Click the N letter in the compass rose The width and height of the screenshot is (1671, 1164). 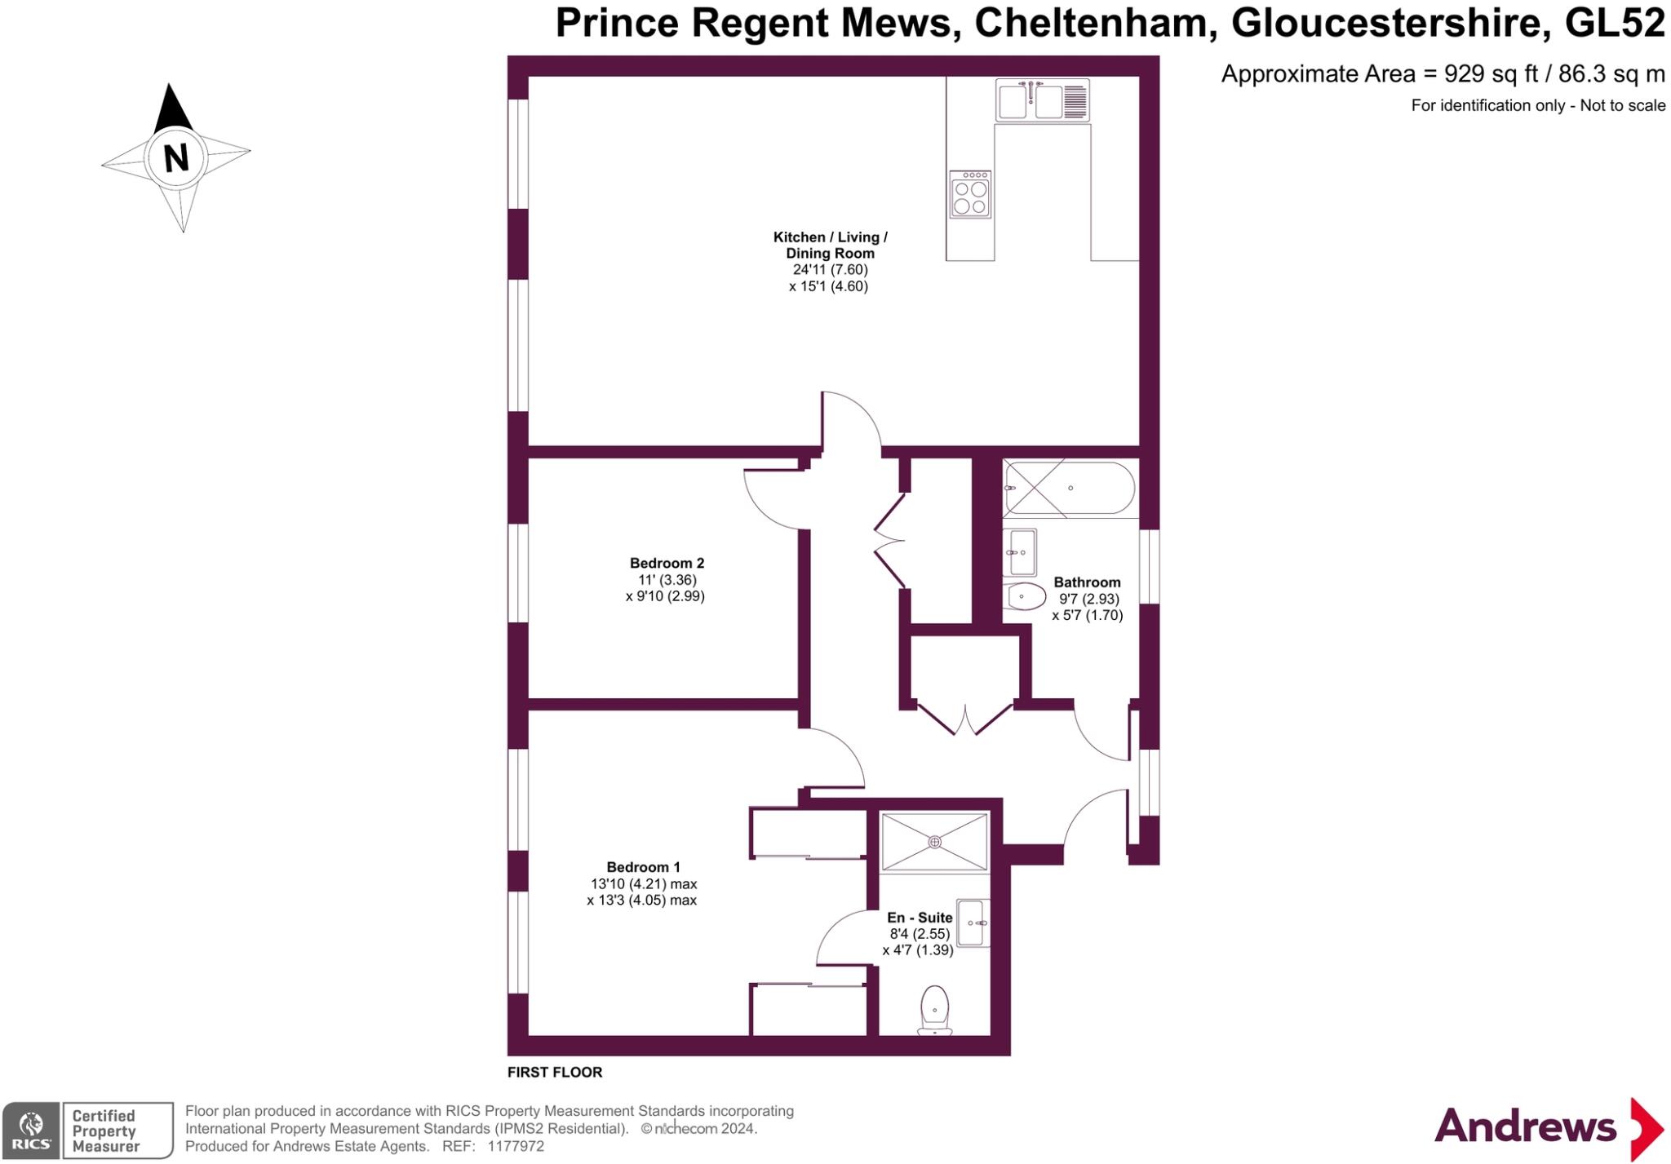coord(175,157)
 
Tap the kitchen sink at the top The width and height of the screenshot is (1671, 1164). coord(1043,101)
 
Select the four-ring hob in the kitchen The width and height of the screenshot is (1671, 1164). coord(970,194)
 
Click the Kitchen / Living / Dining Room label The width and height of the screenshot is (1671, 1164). coord(830,246)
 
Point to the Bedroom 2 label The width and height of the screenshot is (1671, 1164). coord(667,563)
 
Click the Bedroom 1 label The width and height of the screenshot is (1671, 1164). coord(643,867)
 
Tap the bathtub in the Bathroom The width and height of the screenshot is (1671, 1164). coord(1070,488)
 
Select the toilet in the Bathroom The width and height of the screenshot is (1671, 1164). coord(1026,596)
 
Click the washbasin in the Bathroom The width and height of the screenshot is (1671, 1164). coord(1021,553)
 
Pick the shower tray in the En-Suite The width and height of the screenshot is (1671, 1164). coord(935,841)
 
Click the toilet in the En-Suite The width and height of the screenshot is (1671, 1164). coord(935,1010)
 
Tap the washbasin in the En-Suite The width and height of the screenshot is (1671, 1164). coord(973,923)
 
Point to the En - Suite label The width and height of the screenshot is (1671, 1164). coord(920,918)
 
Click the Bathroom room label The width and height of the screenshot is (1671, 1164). coord(1087,582)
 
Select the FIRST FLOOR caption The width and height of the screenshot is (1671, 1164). coord(555,1073)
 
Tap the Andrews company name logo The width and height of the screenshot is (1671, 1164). coord(1525,1127)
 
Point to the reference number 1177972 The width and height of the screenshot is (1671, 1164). coord(515,1146)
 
